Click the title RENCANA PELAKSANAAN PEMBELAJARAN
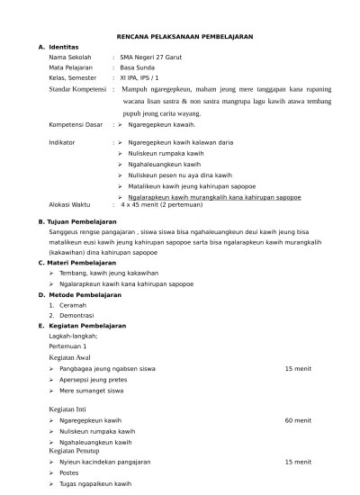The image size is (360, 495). (185, 36)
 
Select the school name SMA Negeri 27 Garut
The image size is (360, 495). (154, 57)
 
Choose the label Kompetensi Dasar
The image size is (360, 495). (76, 126)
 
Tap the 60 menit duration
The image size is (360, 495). (298, 420)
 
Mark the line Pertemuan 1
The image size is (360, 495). (67, 346)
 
